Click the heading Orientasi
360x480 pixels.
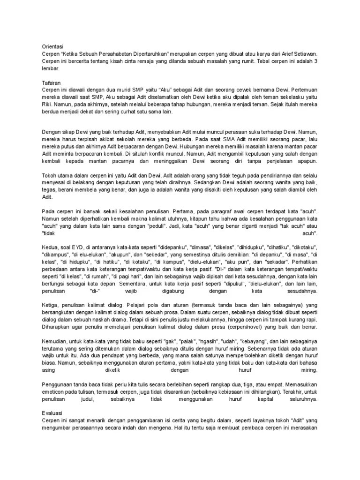point(53,47)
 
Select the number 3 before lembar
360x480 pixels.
point(316,61)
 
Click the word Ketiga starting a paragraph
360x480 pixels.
point(51,305)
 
